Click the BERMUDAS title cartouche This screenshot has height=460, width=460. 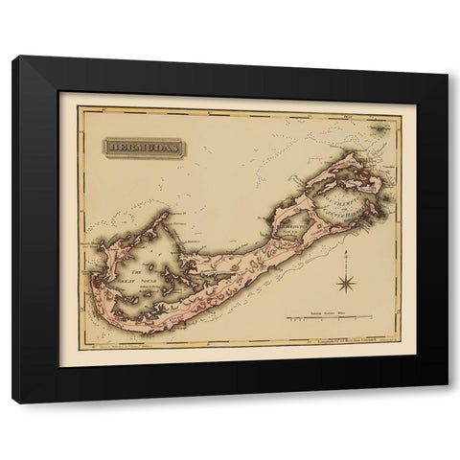tap(144, 148)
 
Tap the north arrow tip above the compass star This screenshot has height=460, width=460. tap(345, 252)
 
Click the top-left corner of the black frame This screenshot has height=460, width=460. tap(13, 58)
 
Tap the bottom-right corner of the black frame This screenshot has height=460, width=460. tap(447, 402)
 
